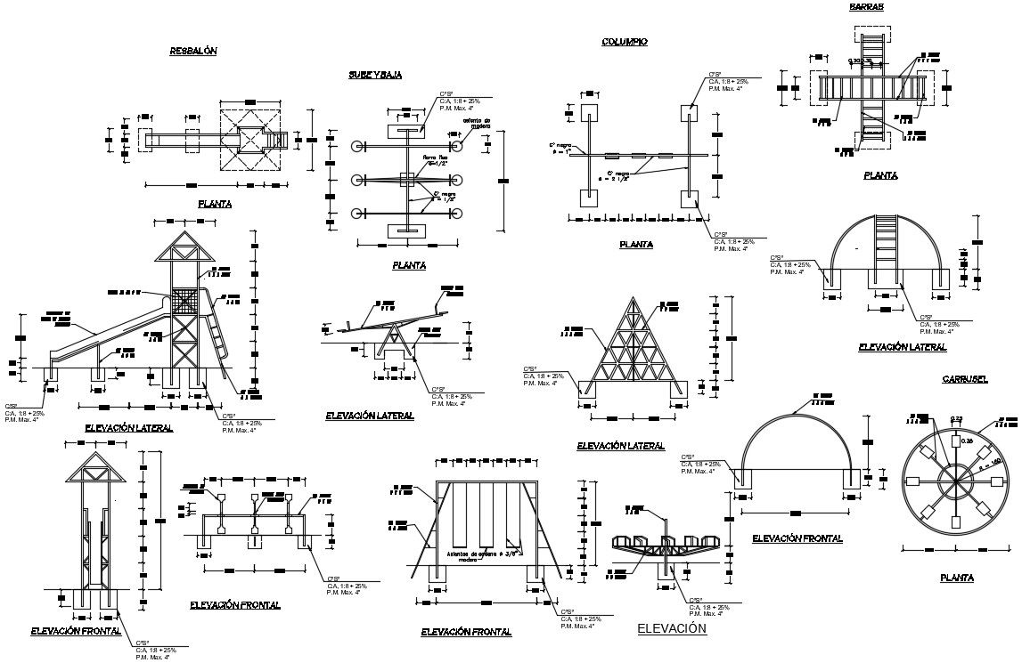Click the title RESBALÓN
[193, 52]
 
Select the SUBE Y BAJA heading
[375, 75]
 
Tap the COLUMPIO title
[624, 42]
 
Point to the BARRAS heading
[867, 6]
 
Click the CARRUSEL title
[965, 379]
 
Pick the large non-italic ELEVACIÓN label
[672, 629]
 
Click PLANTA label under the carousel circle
[956, 578]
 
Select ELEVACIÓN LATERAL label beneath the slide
[128, 428]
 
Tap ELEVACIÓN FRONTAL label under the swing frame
[466, 632]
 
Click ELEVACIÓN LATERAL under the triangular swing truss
[621, 445]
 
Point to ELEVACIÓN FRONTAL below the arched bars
[797, 538]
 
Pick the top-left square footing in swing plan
[589, 113]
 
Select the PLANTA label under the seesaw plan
[408, 265]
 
